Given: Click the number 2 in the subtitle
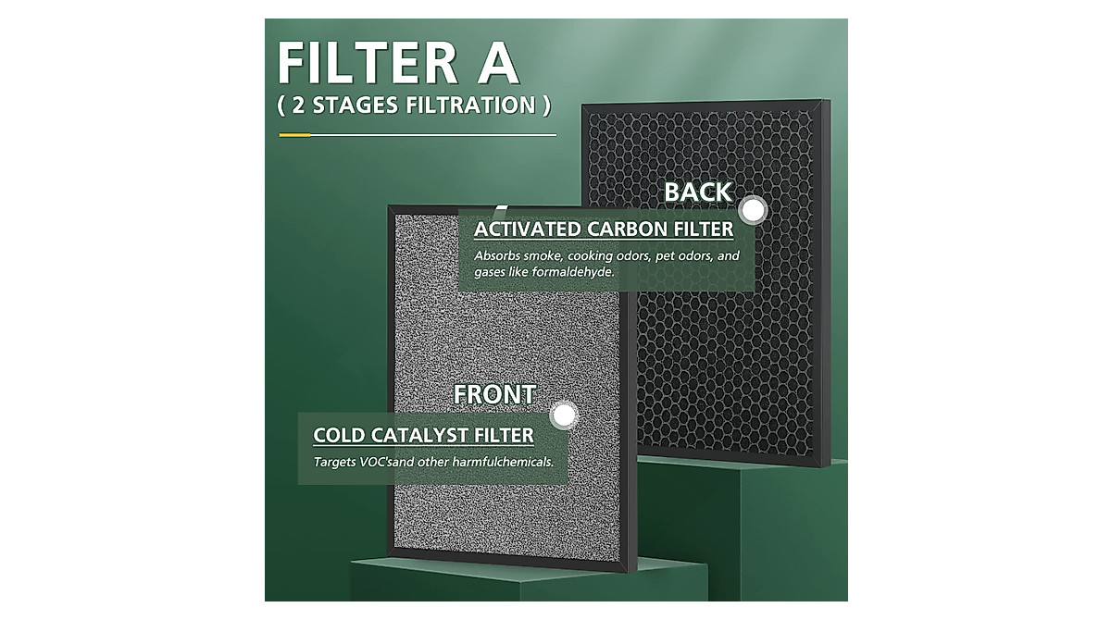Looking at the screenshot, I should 298,105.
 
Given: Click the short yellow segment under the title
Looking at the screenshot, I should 293,135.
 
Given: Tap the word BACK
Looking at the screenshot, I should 698,192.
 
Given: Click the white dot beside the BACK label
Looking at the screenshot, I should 755,210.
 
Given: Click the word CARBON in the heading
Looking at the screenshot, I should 626,229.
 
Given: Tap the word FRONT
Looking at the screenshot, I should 493,394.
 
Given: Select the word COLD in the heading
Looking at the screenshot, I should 339,435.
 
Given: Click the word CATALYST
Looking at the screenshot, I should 418,435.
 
